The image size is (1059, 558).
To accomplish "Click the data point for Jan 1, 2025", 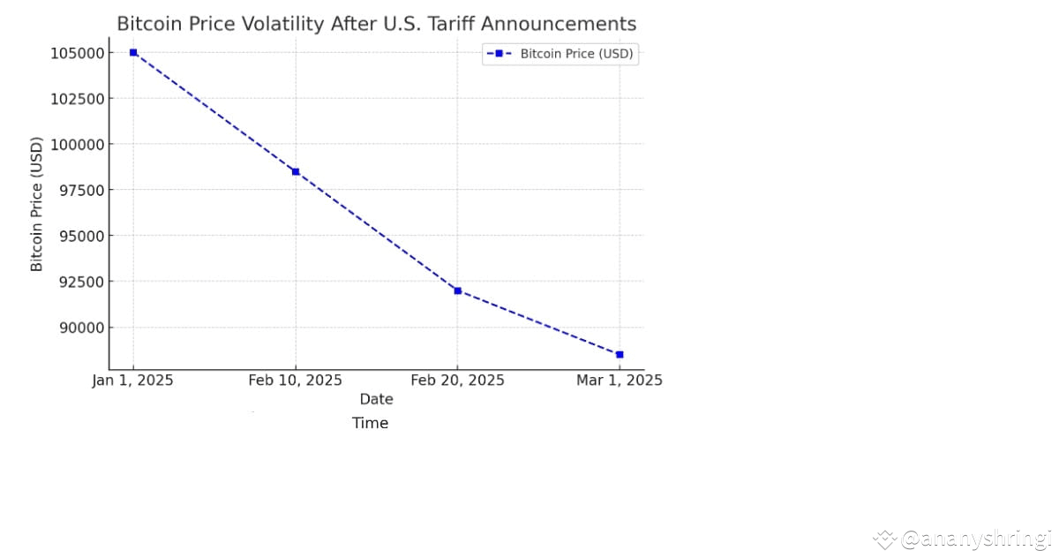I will [x=133, y=52].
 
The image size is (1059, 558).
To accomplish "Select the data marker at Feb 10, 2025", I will [x=296, y=171].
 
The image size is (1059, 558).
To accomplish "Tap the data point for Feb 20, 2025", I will [x=457, y=290].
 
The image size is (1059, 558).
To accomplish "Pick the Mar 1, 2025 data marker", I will [x=620, y=354].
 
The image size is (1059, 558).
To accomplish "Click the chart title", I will [x=376, y=24].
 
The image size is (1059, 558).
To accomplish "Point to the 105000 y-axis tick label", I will [x=77, y=53].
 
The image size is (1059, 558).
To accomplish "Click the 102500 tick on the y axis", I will [x=77, y=98].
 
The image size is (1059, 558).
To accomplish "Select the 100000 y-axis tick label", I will [x=77, y=144].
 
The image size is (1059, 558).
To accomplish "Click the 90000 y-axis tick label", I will [x=80, y=328].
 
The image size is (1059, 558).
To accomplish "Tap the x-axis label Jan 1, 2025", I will [x=133, y=381].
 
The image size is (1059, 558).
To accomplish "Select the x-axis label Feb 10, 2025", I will [x=296, y=381].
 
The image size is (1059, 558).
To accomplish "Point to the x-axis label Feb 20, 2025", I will [x=457, y=381].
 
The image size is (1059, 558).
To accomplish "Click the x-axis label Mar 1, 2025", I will [x=619, y=381].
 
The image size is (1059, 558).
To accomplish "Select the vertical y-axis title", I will [x=37, y=204].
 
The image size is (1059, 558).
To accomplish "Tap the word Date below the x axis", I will [x=376, y=399].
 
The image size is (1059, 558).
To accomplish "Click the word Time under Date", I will [x=371, y=423].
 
